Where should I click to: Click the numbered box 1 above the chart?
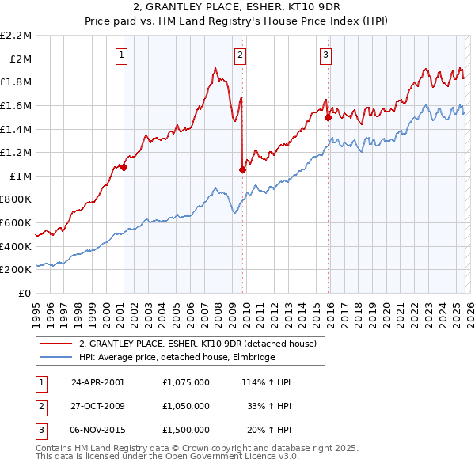(x=122, y=55)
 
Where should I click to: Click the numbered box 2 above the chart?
(x=239, y=55)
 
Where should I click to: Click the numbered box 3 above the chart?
(x=325, y=55)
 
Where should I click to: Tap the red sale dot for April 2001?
(x=123, y=167)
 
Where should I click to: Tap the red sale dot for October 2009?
(x=242, y=169)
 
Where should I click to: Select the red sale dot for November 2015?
(x=327, y=117)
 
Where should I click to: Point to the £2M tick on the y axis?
(x=21, y=59)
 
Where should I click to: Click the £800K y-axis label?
(x=17, y=199)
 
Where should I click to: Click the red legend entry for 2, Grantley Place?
(x=197, y=344)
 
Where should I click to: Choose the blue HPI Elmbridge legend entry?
(x=177, y=357)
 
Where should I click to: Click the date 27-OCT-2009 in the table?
(x=99, y=406)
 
